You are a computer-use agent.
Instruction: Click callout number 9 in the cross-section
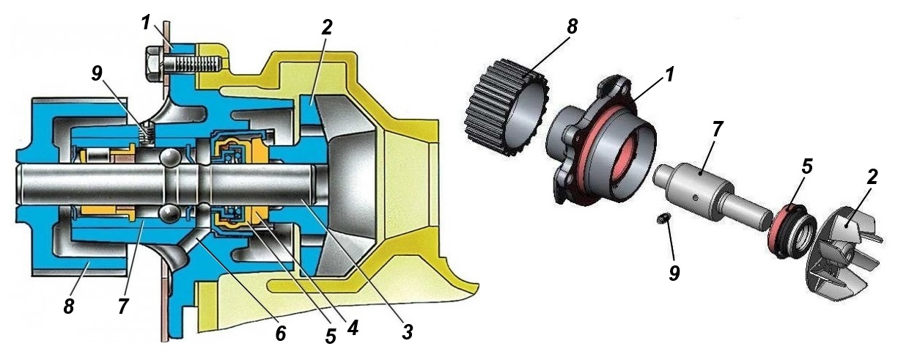(x=97, y=75)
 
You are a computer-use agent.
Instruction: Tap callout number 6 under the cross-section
(x=281, y=332)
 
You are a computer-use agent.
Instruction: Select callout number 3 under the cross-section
(x=407, y=331)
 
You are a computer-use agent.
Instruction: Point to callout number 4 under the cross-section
(x=352, y=328)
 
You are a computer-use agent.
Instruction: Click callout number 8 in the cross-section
(x=69, y=306)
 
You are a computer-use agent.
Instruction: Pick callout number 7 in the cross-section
(x=123, y=306)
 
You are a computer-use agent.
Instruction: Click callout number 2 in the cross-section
(x=326, y=28)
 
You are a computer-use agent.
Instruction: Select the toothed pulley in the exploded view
(x=506, y=109)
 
